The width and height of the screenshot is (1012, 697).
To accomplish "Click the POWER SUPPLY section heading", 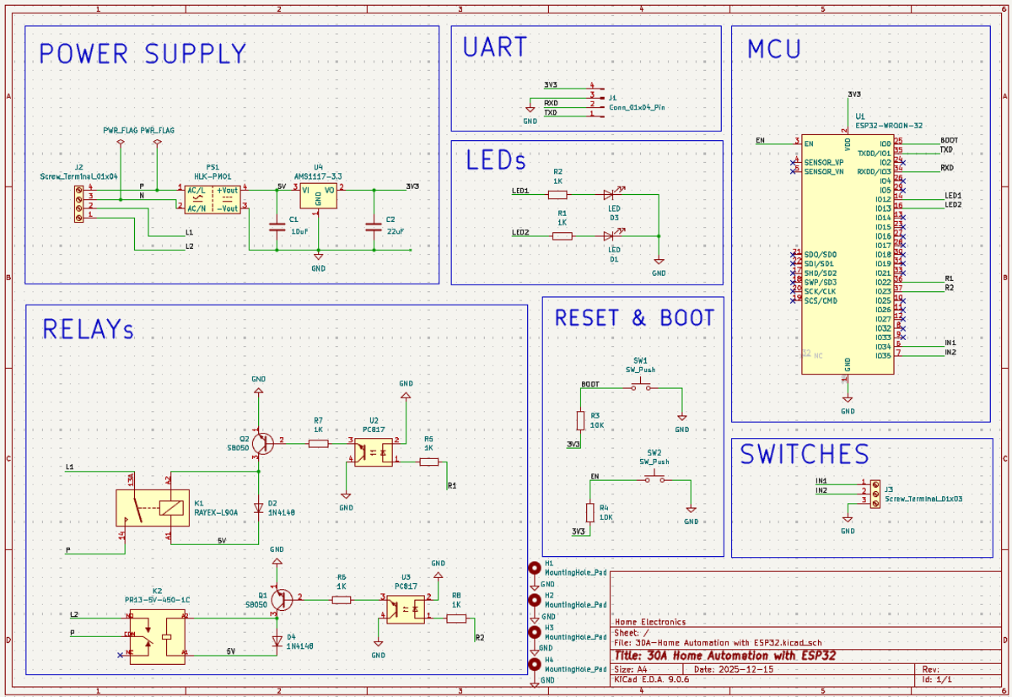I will point(143,54).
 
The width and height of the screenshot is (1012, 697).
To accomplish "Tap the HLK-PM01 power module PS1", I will point(212,198).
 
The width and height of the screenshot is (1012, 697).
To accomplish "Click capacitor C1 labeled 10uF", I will point(276,226).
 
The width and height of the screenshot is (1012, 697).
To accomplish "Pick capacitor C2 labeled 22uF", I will point(373,226).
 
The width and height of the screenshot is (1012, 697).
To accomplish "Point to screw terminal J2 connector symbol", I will point(79,203).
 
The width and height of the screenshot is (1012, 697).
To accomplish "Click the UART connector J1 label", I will point(613,98).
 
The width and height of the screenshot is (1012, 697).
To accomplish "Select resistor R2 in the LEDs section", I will point(557,194).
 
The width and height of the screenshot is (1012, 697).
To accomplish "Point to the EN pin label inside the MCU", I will point(809,143).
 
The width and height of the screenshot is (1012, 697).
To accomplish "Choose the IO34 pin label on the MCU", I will point(882,347).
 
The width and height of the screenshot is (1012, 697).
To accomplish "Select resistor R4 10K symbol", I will point(590,512).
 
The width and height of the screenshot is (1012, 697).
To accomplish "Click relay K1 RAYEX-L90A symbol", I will point(152,507).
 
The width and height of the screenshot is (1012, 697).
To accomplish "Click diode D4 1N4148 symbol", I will point(277,640).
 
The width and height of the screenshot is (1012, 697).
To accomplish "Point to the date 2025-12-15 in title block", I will point(746,668).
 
